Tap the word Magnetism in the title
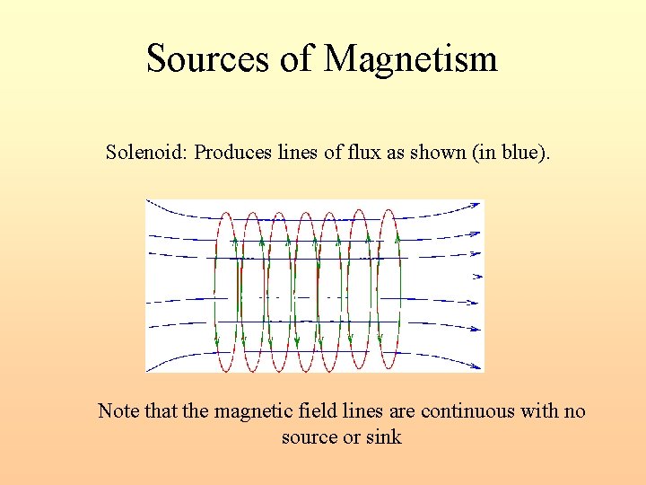tap(410, 59)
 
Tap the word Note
tap(118, 411)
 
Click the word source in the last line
tap(308, 437)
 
